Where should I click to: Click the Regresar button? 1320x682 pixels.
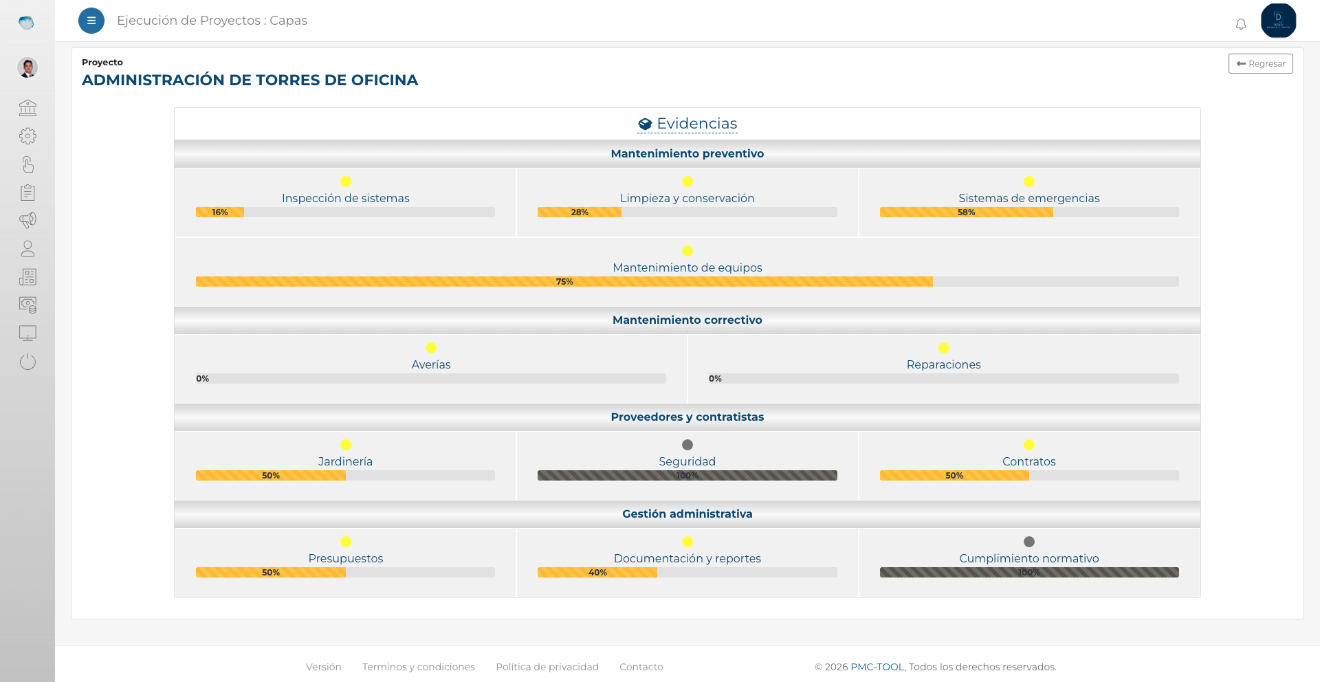click(x=1260, y=63)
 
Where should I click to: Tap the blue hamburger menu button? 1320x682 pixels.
click(x=91, y=21)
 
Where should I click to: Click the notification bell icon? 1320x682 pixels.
click(x=1241, y=25)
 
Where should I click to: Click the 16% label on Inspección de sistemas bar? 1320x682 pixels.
click(x=220, y=212)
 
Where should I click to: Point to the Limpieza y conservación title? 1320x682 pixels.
click(x=687, y=198)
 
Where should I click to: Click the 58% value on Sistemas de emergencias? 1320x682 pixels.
click(x=966, y=212)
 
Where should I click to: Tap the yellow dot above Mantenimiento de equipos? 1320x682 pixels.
click(x=687, y=251)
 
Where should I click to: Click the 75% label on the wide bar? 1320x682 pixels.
click(x=564, y=282)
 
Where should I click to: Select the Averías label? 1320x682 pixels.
click(x=431, y=364)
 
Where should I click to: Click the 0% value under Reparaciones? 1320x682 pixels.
click(x=715, y=379)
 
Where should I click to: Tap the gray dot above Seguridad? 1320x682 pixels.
click(x=687, y=445)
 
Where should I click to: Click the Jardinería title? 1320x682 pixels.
click(x=345, y=461)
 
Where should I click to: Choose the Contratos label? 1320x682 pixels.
click(x=1028, y=461)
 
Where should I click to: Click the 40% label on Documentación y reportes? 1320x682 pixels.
click(x=597, y=573)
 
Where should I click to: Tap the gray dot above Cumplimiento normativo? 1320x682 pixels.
click(x=1029, y=542)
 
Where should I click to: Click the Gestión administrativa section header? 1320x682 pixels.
click(x=687, y=514)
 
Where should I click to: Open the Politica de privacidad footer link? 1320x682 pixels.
click(x=547, y=667)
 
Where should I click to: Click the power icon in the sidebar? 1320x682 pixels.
click(x=27, y=362)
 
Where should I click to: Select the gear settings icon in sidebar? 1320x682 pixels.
click(x=27, y=136)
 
